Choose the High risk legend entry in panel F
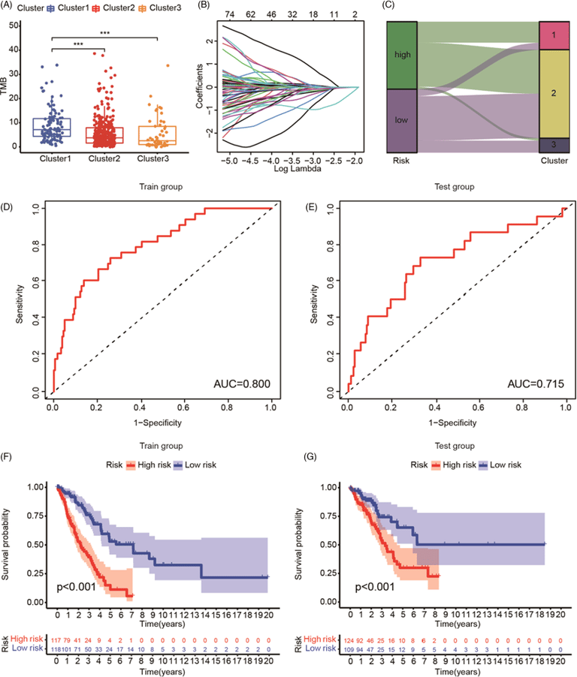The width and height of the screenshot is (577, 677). pos(143,465)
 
